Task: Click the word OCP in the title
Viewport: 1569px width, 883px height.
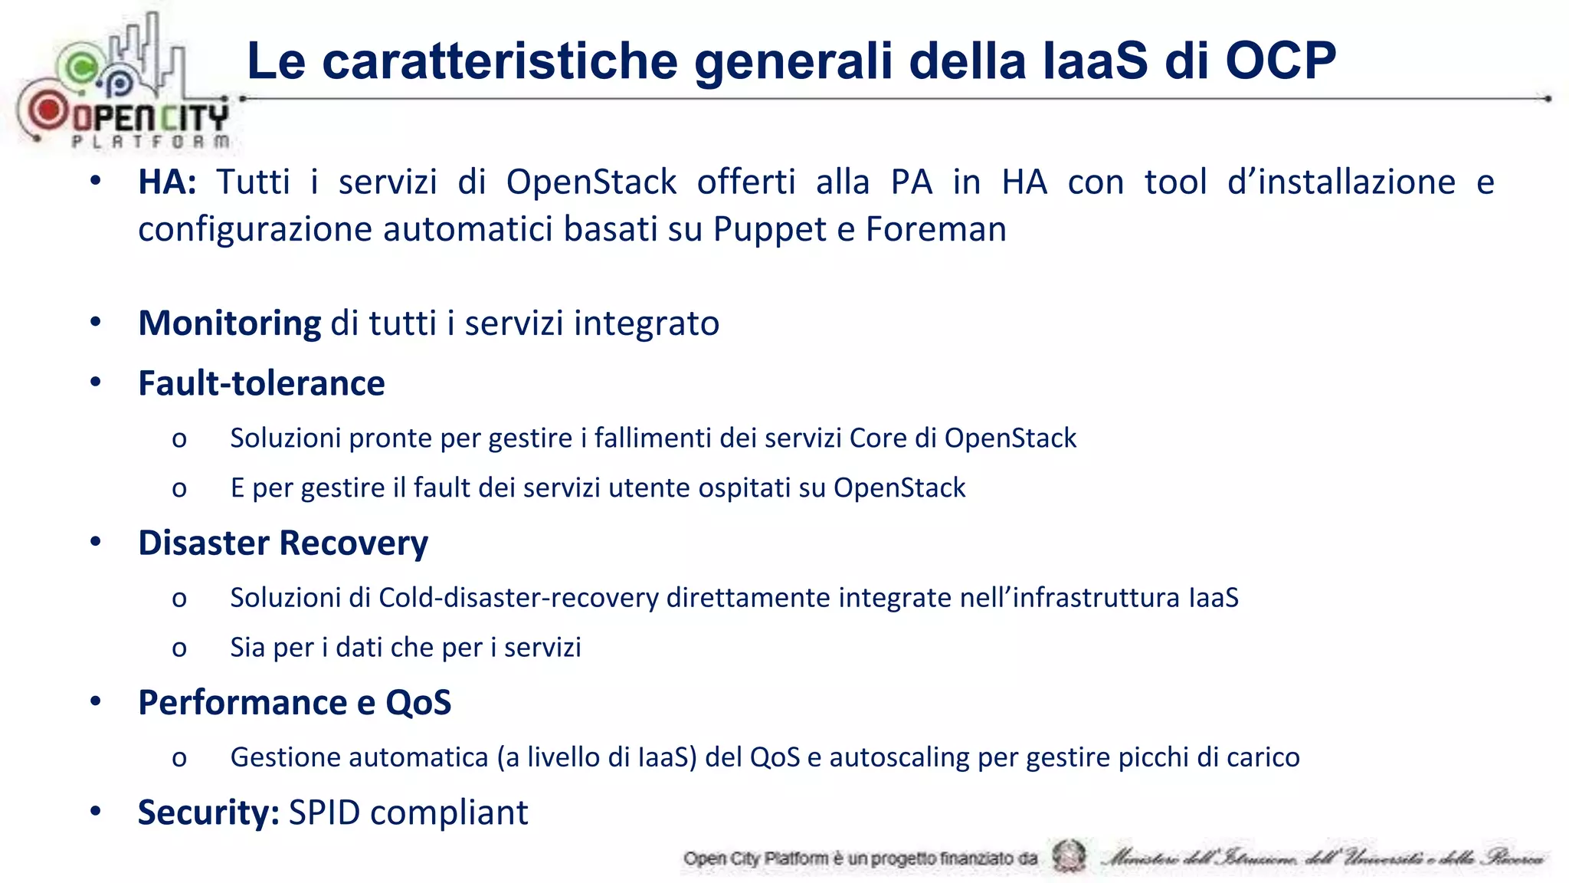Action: pos(1280,61)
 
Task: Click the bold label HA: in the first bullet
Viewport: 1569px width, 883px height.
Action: pos(167,182)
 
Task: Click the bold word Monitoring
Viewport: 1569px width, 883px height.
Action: pos(230,323)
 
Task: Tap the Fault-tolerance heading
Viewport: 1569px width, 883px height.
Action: pos(261,383)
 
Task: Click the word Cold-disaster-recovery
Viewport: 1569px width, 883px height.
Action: pos(519,598)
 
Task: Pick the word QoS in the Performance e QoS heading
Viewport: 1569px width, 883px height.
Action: pos(418,703)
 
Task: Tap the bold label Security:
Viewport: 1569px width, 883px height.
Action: pos(208,812)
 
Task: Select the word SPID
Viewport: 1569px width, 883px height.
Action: pos(324,812)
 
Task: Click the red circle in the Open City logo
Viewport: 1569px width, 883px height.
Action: pos(48,110)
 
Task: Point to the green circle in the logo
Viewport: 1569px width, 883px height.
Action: pos(80,67)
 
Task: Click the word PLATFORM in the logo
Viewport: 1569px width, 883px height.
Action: pos(151,141)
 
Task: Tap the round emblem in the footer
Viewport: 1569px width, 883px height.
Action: pos(1069,856)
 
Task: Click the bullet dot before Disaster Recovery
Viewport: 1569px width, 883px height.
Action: pos(96,542)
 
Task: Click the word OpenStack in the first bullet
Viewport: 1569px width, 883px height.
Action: pos(591,182)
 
